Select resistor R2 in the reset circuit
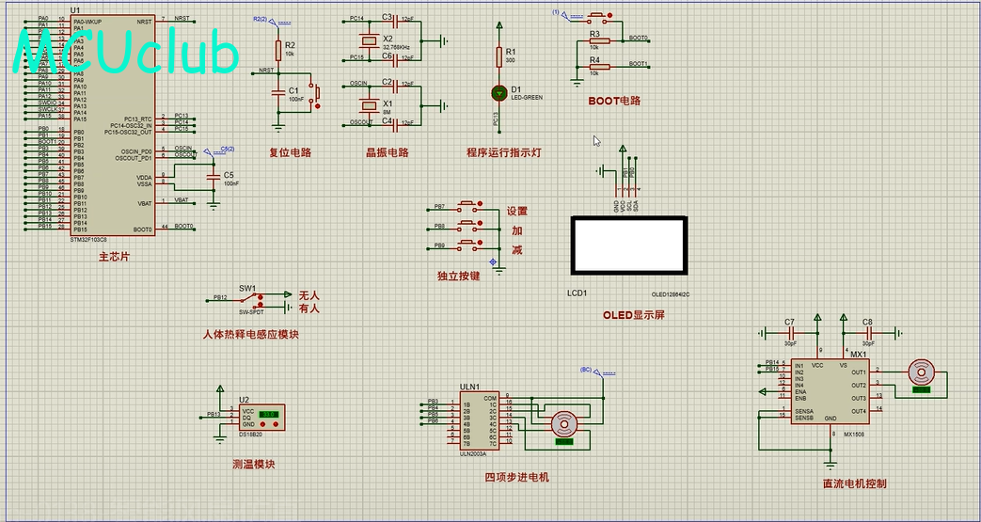pyautogui.click(x=278, y=51)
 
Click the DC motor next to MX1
pyautogui.click(x=919, y=373)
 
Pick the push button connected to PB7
pyautogui.click(x=467, y=207)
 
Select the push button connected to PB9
pyautogui.click(x=467, y=245)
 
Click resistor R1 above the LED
pyautogui.click(x=498, y=57)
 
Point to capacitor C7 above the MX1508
pyautogui.click(x=790, y=332)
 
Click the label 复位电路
pyautogui.click(x=290, y=152)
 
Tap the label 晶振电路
pyautogui.click(x=388, y=152)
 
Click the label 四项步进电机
pyautogui.click(x=516, y=477)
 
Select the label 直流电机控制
pyautogui.click(x=854, y=483)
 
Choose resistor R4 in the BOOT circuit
pyautogui.click(x=594, y=67)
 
